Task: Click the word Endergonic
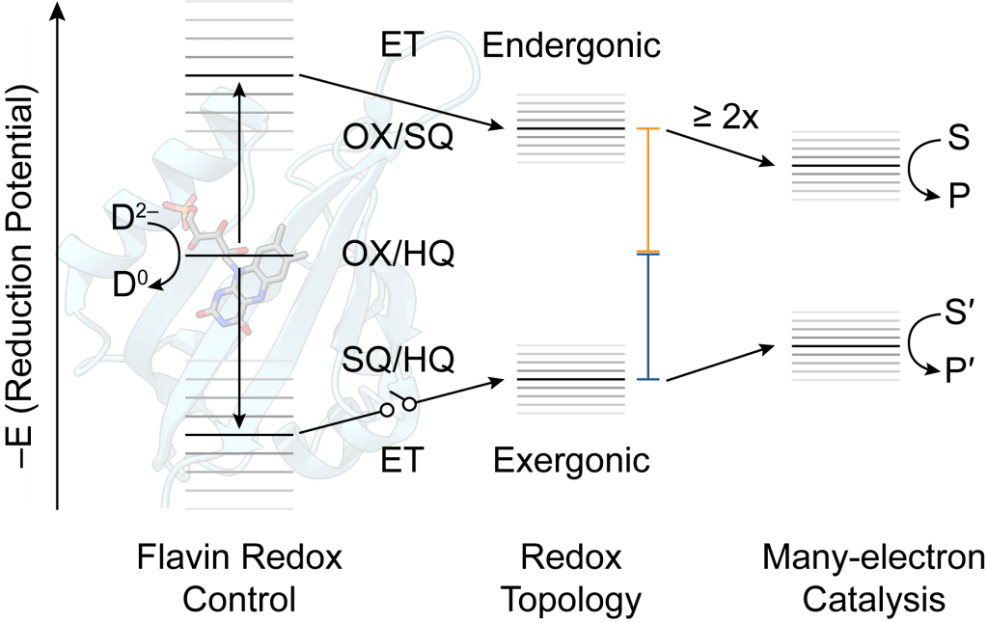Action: coord(571,44)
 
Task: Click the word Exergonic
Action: coord(571,460)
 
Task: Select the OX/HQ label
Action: coord(398,253)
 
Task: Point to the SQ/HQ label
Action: coord(398,358)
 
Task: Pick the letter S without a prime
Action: coord(958,141)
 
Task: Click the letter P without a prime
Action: coord(958,197)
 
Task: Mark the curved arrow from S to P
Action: coord(912,170)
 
